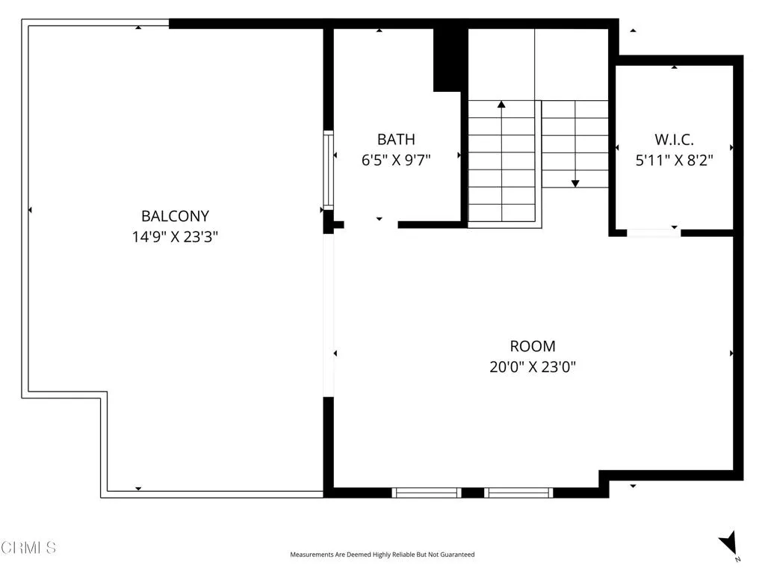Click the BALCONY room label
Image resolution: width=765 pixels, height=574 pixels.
pos(175,216)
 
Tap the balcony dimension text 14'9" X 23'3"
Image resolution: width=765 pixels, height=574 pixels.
pos(175,237)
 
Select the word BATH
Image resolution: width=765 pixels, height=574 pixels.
pos(395,139)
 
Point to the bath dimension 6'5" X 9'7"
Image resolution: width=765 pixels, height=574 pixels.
pos(395,159)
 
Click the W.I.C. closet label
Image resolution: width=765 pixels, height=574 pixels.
pos(674,139)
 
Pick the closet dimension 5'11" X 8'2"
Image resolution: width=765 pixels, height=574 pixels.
pos(674,159)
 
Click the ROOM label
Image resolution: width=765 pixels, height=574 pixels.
pos(532,346)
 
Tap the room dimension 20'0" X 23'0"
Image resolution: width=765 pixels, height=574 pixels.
pos(532,367)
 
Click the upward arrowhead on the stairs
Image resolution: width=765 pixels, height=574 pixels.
pos(501,105)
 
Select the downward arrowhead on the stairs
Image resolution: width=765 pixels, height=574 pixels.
pos(575,182)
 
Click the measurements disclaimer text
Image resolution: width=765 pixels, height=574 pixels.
pos(382,555)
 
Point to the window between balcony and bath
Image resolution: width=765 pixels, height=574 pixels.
pos(327,170)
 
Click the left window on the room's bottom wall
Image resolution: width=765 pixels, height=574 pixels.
pos(427,492)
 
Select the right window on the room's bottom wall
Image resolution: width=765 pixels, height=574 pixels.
pos(518,492)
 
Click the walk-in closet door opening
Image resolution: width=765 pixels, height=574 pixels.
pos(654,232)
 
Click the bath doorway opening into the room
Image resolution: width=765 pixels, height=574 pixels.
pos(371,224)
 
